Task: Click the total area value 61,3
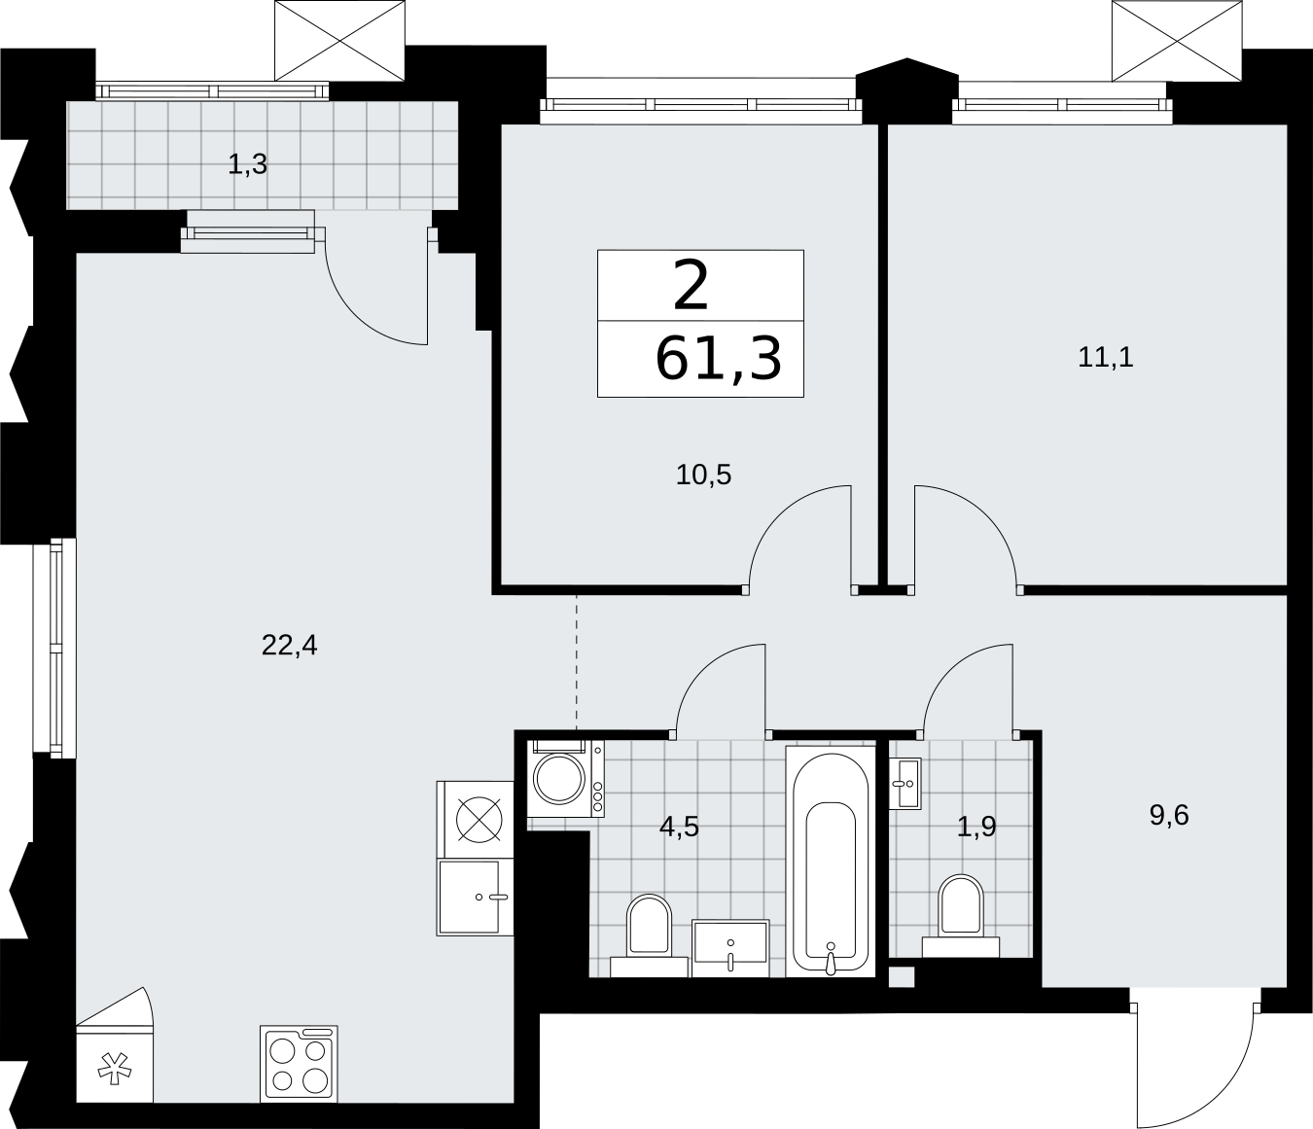pos(718,360)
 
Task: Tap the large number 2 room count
pos(691,286)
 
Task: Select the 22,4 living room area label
pos(289,646)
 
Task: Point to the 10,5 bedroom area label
pos(703,475)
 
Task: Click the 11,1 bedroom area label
pos(1105,358)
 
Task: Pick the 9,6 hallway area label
pos(1169,815)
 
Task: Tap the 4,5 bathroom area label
pos(679,827)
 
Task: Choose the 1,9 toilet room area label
pos(976,827)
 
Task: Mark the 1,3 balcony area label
pos(248,165)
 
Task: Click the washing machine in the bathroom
pos(565,779)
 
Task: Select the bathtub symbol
pos(831,862)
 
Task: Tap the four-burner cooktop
pos(299,1064)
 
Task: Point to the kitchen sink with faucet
pos(475,897)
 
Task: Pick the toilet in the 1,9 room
pos(961,916)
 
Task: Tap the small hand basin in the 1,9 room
pos(905,784)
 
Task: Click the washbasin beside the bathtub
pos(730,948)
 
